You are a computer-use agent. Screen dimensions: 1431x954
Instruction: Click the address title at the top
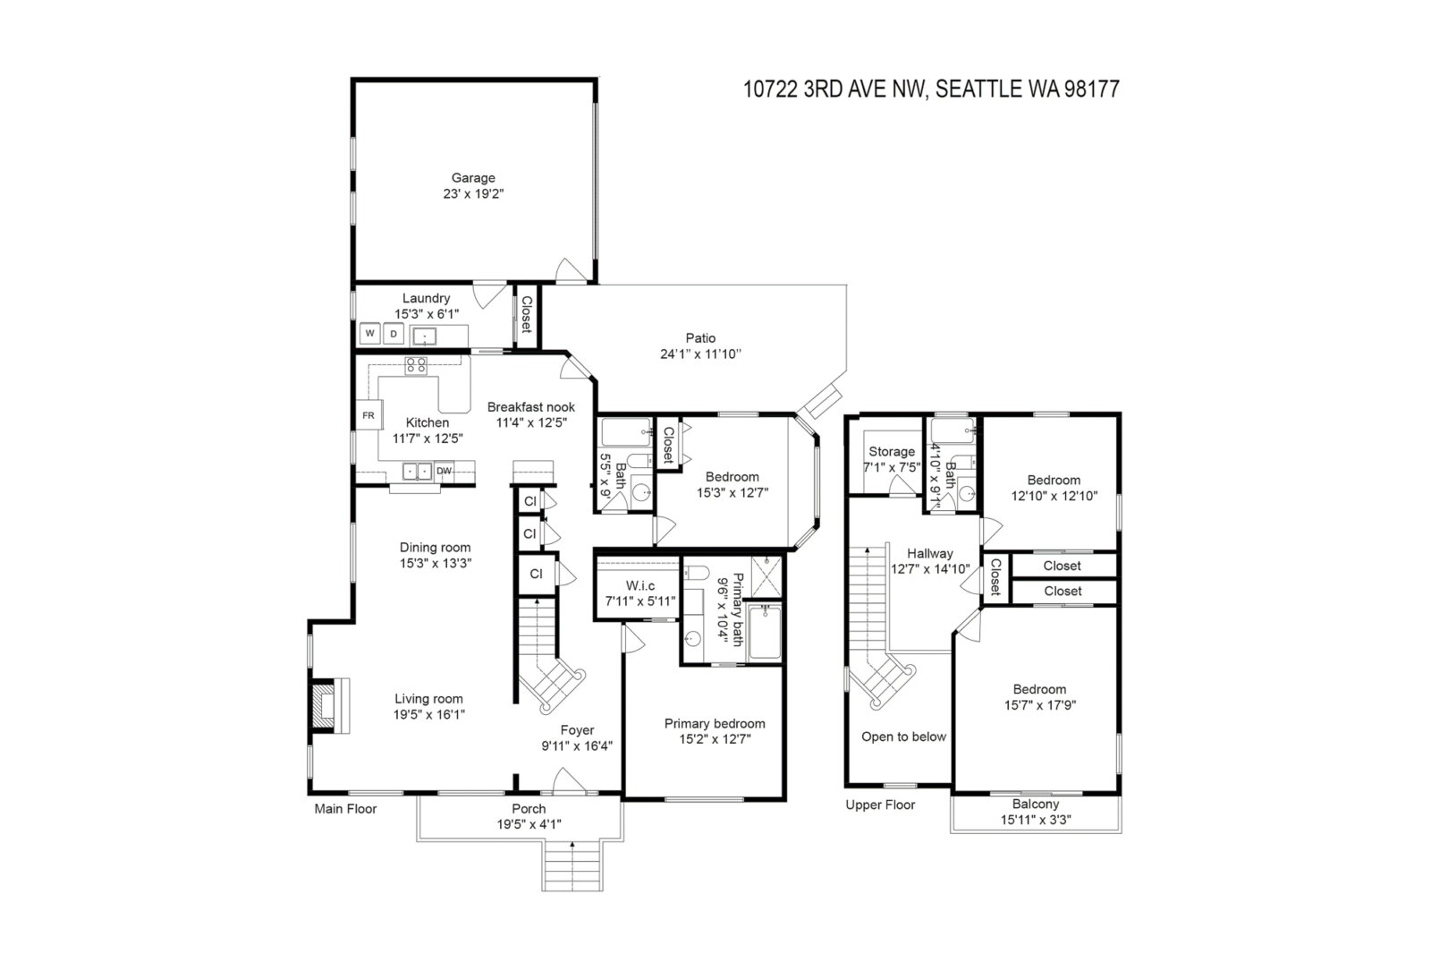point(931,89)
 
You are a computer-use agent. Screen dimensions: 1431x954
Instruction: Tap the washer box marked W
point(370,333)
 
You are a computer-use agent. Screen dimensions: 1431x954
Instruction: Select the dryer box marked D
point(394,334)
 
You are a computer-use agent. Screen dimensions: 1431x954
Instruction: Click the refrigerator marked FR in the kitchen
point(368,415)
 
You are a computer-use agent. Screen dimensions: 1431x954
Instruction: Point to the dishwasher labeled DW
point(444,472)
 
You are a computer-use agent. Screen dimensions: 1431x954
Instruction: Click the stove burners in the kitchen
point(416,366)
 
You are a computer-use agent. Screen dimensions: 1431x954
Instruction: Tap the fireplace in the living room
point(329,706)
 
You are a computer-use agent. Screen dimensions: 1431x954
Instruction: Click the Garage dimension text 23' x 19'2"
point(473,193)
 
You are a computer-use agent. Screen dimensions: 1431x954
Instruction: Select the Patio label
point(701,337)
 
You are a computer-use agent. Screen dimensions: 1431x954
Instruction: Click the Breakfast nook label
point(531,406)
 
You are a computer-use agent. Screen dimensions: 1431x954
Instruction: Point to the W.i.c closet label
point(640,585)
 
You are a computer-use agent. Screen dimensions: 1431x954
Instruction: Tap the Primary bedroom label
point(715,723)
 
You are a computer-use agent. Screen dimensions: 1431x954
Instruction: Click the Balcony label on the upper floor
point(1036,804)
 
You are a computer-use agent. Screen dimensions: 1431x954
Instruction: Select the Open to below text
point(903,737)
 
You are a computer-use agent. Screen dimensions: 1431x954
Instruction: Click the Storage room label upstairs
point(891,451)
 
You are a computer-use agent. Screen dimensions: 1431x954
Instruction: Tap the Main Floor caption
point(345,809)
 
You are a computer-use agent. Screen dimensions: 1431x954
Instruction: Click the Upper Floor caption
point(880,805)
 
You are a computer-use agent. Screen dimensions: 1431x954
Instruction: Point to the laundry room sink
point(424,336)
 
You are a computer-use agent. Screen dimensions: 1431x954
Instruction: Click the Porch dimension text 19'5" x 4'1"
point(529,825)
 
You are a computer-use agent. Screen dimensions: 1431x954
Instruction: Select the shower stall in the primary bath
point(766,575)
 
